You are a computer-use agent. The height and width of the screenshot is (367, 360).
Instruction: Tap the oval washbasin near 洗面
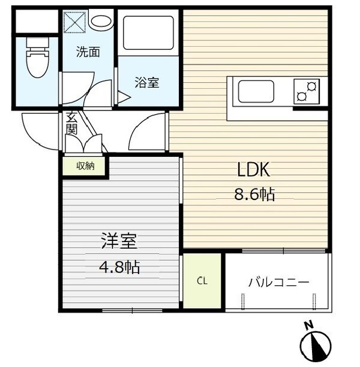(100, 22)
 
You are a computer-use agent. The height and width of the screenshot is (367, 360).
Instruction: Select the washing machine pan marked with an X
(76, 23)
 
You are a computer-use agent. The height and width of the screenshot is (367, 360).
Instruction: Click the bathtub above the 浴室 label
(148, 34)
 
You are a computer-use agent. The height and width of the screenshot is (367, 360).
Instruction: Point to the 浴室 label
(148, 83)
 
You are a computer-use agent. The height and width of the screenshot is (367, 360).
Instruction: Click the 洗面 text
(88, 52)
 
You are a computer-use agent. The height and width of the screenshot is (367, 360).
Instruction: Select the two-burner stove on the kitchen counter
(307, 91)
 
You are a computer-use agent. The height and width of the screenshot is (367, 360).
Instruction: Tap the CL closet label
(203, 281)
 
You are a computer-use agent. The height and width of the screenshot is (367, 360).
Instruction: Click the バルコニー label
(279, 281)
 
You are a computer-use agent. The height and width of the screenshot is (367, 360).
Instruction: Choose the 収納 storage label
(85, 166)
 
